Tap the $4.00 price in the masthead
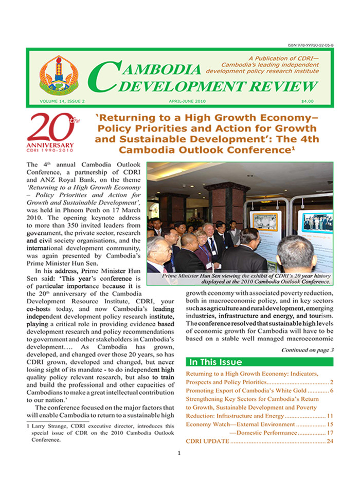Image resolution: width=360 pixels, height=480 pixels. (308, 101)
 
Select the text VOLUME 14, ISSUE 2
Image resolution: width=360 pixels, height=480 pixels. (57, 101)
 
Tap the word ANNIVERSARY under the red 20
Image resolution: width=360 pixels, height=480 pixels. (50, 145)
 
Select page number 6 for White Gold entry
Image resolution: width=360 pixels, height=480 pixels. (332, 392)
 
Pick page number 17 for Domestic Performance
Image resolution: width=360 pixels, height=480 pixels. (330, 433)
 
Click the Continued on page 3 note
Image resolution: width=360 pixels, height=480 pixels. (307, 350)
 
